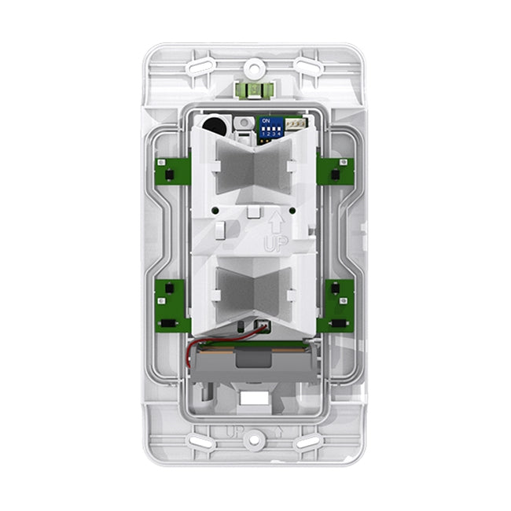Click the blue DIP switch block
pyautogui.click(x=271, y=128)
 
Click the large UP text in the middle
pyautogui.click(x=275, y=244)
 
